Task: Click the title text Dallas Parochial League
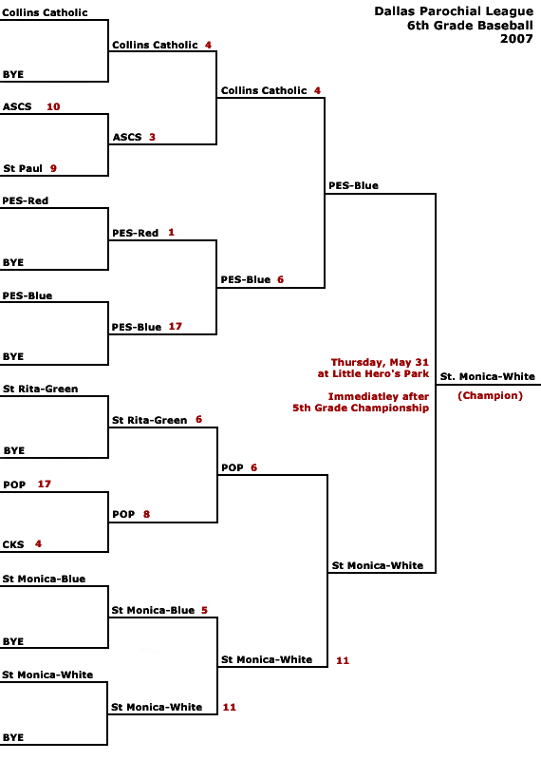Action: [454, 11]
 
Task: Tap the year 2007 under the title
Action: [516, 39]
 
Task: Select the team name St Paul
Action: [23, 169]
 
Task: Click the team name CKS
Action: [13, 544]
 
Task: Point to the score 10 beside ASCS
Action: [53, 106]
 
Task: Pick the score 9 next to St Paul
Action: [53, 169]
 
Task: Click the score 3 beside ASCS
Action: [152, 137]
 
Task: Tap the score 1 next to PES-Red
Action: [171, 233]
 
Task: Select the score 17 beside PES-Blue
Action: [176, 326]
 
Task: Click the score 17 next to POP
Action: [44, 484]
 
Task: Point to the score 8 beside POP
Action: [146, 514]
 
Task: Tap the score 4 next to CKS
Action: [38, 543]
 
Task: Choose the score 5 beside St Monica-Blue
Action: [204, 610]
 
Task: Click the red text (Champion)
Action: [490, 395]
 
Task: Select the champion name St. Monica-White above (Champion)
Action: [487, 376]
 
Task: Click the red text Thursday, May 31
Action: [380, 362]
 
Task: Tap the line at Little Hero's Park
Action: [373, 373]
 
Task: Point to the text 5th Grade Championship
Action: [361, 408]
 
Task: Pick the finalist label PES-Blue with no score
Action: [354, 185]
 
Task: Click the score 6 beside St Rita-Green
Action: [198, 419]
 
